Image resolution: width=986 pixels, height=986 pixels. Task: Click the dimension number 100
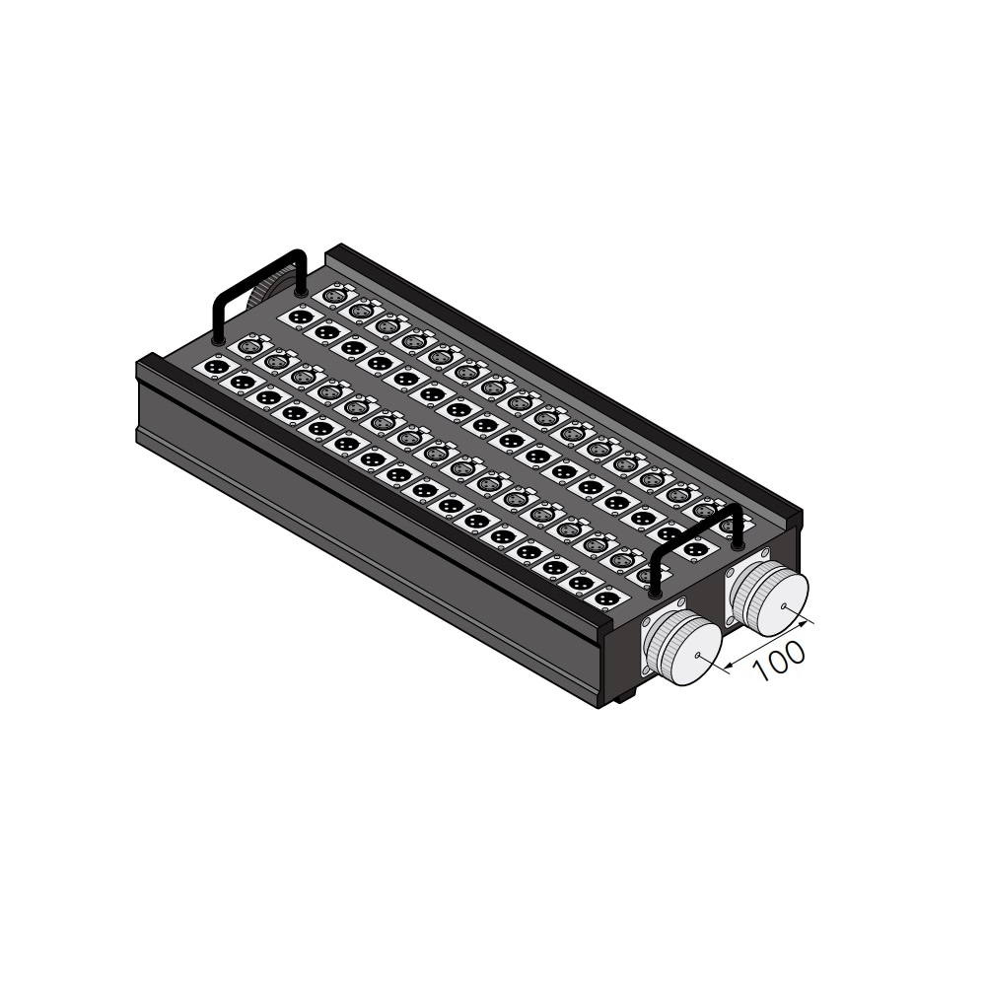pos(779,661)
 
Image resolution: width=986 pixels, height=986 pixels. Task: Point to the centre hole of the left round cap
pos(698,656)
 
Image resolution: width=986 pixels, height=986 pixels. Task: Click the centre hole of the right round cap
pos(784,606)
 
